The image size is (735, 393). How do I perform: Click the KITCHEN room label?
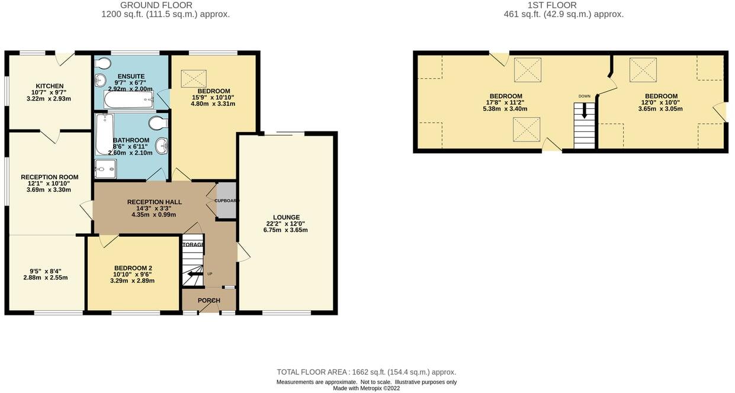pyautogui.click(x=49, y=86)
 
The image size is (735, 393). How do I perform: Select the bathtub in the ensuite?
pyautogui.click(x=129, y=100)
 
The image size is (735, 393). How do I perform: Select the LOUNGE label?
pyautogui.click(x=286, y=217)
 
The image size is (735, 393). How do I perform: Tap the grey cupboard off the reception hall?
pyautogui.click(x=226, y=201)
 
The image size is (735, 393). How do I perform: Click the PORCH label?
pyautogui.click(x=208, y=301)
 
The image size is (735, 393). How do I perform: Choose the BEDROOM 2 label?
pyautogui.click(x=133, y=268)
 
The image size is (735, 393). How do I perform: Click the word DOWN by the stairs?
pyautogui.click(x=585, y=96)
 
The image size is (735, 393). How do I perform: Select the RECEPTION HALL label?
pyautogui.click(x=154, y=202)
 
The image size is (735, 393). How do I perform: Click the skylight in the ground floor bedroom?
pyautogui.click(x=193, y=78)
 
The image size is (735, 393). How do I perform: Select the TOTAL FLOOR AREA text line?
pyautogui.click(x=366, y=372)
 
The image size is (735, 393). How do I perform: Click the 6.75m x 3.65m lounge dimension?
pyautogui.click(x=286, y=230)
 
